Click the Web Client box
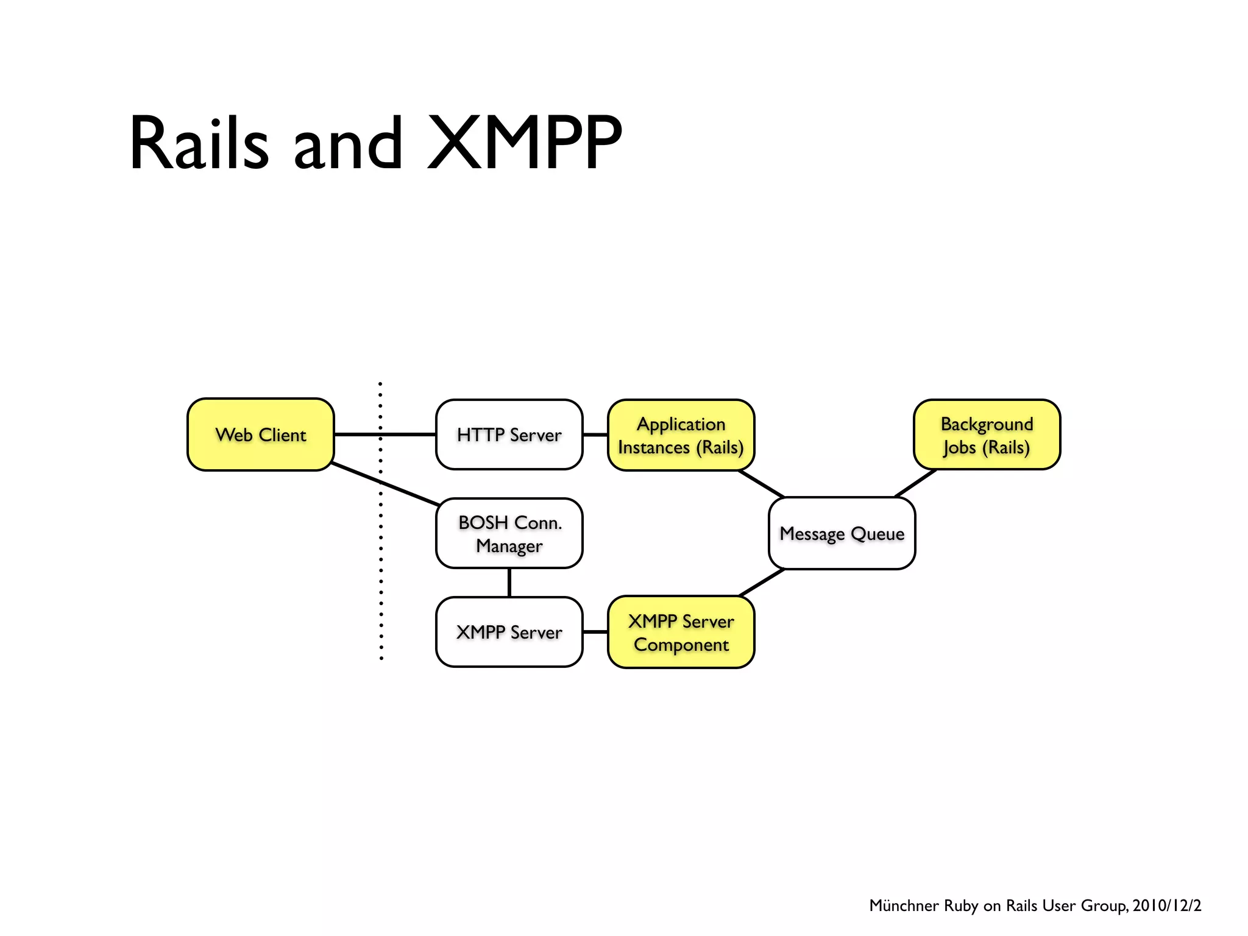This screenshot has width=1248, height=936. [x=261, y=434]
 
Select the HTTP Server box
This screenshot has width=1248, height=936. [x=509, y=434]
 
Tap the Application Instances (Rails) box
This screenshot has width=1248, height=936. [x=681, y=435]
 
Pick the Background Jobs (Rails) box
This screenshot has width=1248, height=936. [x=987, y=435]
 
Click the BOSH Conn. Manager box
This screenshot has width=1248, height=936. [x=509, y=533]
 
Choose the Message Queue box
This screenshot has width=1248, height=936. [x=842, y=533]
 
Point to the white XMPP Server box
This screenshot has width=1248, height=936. [x=509, y=632]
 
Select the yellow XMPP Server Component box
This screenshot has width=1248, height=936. [x=681, y=632]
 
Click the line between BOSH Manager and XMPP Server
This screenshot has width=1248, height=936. [x=509, y=583]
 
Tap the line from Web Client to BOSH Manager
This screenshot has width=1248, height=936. [x=385, y=484]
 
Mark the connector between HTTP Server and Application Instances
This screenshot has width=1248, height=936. [x=595, y=434]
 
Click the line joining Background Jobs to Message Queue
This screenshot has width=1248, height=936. [x=915, y=483]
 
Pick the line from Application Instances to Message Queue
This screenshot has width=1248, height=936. [x=762, y=484]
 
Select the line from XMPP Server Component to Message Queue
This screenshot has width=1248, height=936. [x=762, y=583]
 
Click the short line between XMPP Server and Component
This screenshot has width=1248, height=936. [x=595, y=632]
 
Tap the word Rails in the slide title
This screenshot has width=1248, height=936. [x=199, y=143]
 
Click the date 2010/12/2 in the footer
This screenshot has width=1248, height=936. [x=1166, y=906]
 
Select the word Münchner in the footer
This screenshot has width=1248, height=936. [x=903, y=906]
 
